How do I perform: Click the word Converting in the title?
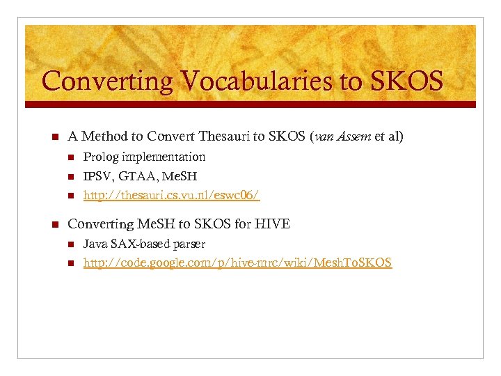(x=104, y=81)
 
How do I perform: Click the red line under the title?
(x=250, y=104)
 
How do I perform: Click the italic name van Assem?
(x=344, y=136)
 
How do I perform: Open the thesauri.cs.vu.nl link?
(x=171, y=196)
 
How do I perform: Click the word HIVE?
(x=272, y=224)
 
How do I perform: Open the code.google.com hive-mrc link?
(x=237, y=263)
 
